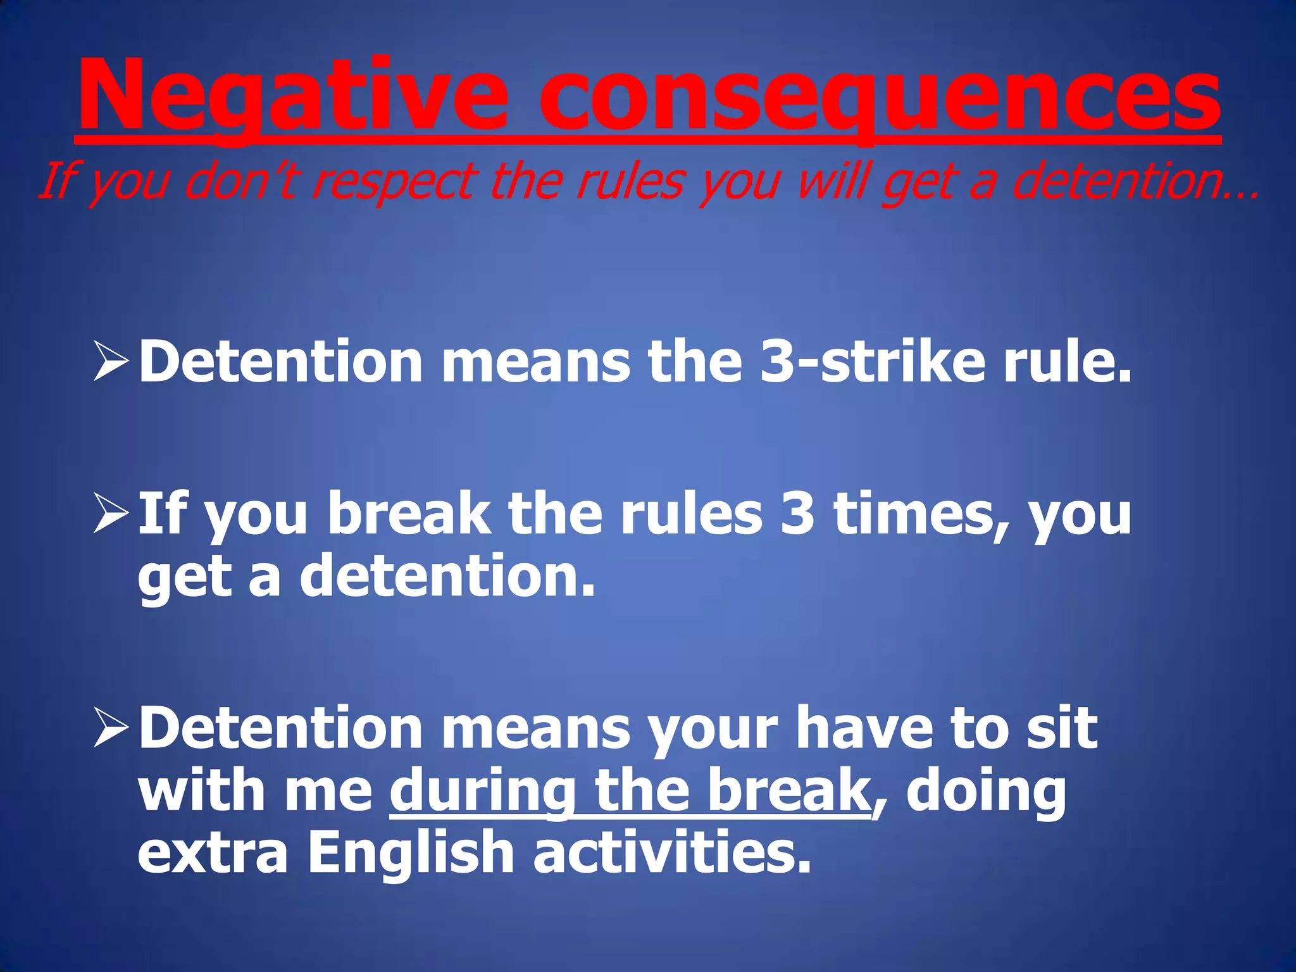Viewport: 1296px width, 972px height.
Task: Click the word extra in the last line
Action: click(213, 854)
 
